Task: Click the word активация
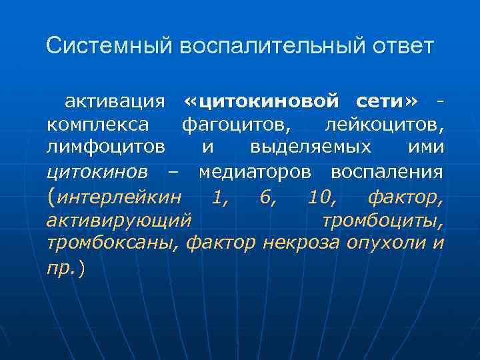(115, 101)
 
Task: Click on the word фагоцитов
(235, 125)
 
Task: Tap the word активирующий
(119, 220)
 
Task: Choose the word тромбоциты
(382, 220)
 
